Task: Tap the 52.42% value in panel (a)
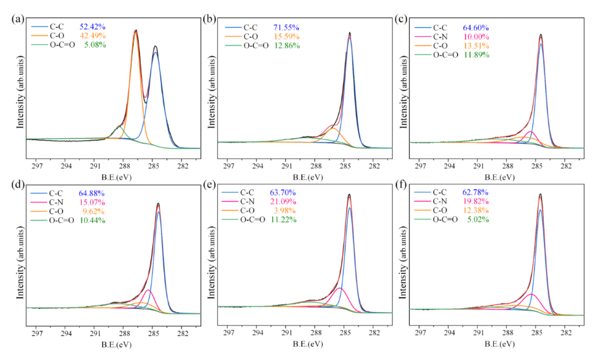tap(93, 27)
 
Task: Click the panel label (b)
tap(209, 18)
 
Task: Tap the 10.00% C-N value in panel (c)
tap(475, 37)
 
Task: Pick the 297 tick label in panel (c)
tap(421, 165)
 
